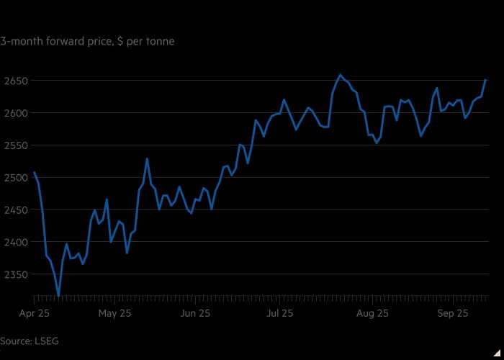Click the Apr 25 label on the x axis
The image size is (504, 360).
tap(32, 313)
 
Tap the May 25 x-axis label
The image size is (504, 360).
tap(114, 313)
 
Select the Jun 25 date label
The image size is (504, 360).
tap(195, 313)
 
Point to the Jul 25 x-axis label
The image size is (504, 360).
tap(280, 313)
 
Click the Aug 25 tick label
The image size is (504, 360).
tap(372, 313)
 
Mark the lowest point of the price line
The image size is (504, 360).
tap(58, 295)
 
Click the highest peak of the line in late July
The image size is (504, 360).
tap(341, 75)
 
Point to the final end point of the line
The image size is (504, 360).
tap(486, 80)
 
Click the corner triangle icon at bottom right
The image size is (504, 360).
tap(496, 352)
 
